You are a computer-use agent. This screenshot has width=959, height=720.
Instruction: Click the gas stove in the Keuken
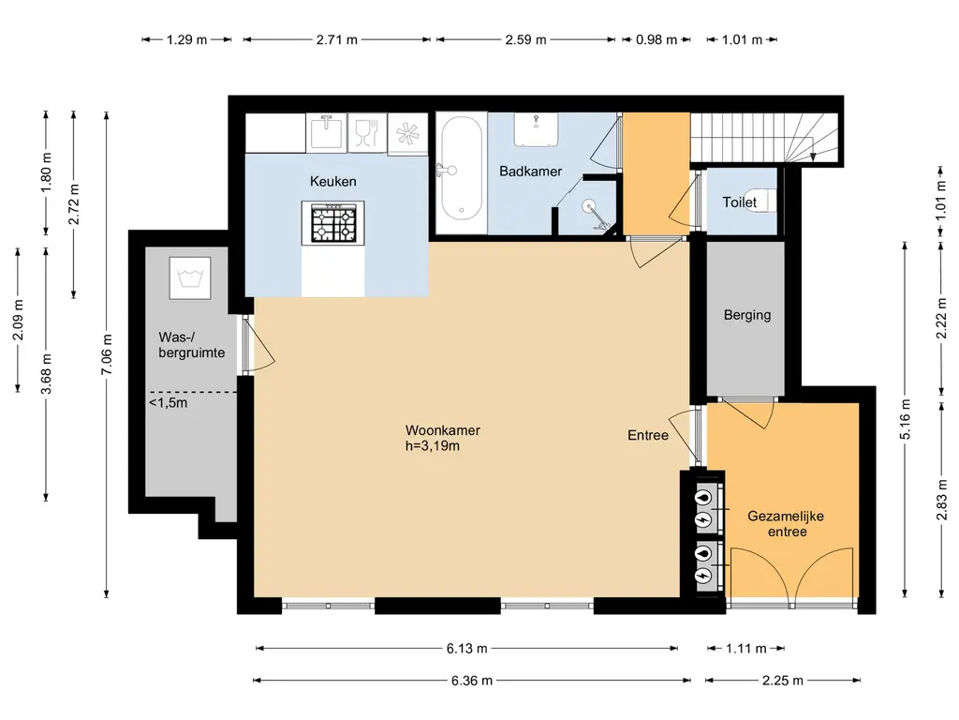(333, 223)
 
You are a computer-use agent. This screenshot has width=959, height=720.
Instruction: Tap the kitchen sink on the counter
(326, 131)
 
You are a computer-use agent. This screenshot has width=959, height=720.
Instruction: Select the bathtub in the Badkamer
(461, 169)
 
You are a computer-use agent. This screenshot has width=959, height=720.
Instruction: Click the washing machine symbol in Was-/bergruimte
(189, 277)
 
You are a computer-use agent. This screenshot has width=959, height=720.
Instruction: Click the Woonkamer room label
(442, 430)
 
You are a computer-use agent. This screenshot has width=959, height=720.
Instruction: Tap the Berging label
(746, 315)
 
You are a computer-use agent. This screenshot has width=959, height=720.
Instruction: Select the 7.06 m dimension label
(107, 354)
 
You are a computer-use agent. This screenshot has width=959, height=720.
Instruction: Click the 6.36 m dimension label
(472, 681)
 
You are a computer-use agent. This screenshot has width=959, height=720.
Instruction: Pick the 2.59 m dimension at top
(525, 39)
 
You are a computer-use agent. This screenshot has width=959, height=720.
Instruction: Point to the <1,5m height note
(169, 403)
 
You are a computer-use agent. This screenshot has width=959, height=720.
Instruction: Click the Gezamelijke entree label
(786, 523)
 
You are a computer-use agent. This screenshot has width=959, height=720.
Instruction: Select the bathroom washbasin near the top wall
(536, 129)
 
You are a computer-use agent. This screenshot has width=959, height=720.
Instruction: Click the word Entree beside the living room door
(648, 435)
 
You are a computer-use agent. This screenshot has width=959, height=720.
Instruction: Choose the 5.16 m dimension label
(906, 419)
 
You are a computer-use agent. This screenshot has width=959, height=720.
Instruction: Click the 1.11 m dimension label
(745, 649)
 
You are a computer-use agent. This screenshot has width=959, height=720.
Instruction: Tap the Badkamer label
(530, 172)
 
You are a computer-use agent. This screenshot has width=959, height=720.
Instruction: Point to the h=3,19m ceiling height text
(433, 445)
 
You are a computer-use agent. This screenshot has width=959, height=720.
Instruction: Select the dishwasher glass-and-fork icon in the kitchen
(367, 133)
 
